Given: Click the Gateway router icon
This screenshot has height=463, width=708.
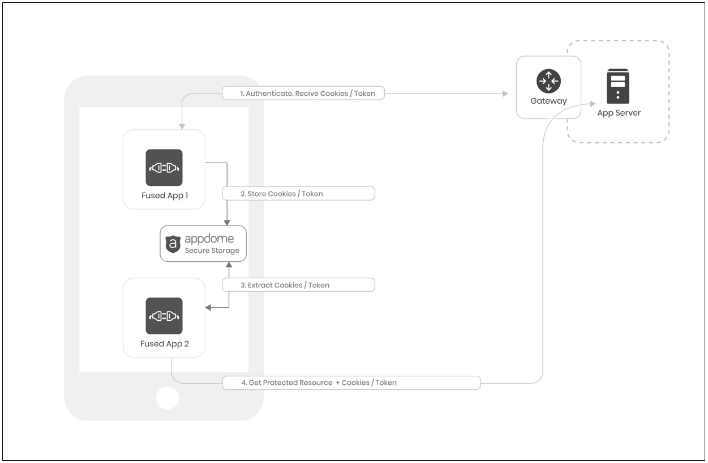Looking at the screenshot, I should pyautogui.click(x=548, y=82).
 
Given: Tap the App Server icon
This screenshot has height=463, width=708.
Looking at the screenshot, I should pyautogui.click(x=618, y=86).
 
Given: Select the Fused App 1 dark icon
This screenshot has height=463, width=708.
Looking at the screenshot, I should pyautogui.click(x=164, y=168).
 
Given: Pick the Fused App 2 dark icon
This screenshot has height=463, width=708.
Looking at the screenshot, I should pyautogui.click(x=164, y=316).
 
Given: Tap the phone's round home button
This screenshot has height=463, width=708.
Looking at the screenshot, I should pyautogui.click(x=168, y=398).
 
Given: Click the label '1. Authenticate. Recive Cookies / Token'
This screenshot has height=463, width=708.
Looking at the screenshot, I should pyautogui.click(x=303, y=93).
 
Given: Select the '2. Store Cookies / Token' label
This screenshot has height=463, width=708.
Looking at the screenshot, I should pyautogui.click(x=298, y=194).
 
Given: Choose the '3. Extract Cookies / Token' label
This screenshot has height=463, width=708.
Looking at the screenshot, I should pyautogui.click(x=298, y=285).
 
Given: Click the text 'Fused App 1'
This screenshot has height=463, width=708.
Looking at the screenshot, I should pyautogui.click(x=164, y=196).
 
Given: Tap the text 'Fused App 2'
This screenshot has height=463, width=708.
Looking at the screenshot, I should pyautogui.click(x=164, y=344).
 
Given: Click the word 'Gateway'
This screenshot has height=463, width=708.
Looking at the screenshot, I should pyautogui.click(x=548, y=101).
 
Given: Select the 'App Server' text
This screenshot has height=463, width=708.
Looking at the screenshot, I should pyautogui.click(x=619, y=113).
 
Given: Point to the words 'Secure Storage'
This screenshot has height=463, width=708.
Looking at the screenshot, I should pyautogui.click(x=212, y=250).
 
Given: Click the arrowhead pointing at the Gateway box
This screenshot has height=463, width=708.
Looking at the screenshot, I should pyautogui.click(x=505, y=94).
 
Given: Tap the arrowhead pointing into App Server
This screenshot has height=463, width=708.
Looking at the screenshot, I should pyautogui.click(x=592, y=104).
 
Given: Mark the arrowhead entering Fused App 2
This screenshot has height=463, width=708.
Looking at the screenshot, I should pyautogui.click(x=208, y=308).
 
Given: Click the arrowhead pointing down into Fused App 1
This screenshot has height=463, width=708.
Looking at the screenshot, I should pyautogui.click(x=181, y=126).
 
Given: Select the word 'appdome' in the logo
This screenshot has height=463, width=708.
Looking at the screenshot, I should pyautogui.click(x=209, y=239).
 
